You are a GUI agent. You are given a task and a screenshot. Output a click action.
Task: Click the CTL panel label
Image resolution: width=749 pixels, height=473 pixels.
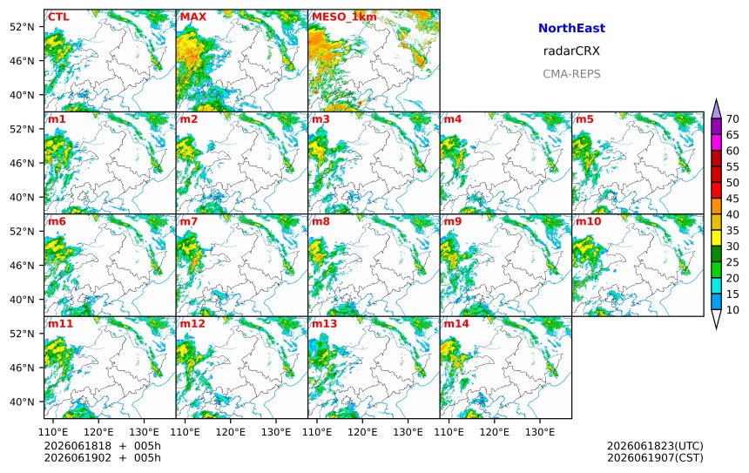[x=58, y=17]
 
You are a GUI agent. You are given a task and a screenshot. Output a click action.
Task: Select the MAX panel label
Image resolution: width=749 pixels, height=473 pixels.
[x=193, y=17]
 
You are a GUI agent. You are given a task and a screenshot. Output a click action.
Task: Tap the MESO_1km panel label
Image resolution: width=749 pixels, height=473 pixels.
[x=344, y=17]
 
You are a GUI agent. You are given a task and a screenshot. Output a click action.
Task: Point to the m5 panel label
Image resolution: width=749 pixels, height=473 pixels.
[x=584, y=119]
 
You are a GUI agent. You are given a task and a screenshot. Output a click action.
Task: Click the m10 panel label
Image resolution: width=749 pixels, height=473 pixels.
[x=588, y=221]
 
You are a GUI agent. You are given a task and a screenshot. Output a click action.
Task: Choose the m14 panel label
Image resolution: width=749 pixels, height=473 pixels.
[x=456, y=323]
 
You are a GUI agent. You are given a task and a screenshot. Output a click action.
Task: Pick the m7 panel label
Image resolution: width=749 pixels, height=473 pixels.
[x=189, y=221]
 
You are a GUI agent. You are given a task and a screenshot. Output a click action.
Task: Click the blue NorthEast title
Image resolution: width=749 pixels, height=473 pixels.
[x=571, y=28]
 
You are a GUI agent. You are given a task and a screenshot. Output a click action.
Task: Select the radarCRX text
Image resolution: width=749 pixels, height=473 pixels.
[x=571, y=51]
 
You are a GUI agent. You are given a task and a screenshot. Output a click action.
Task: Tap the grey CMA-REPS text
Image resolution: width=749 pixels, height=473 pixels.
[x=571, y=74]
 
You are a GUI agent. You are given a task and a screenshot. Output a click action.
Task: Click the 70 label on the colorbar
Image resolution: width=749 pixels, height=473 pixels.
[x=732, y=119]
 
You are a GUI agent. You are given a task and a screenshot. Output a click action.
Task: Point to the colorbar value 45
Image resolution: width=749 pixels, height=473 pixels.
[x=732, y=199]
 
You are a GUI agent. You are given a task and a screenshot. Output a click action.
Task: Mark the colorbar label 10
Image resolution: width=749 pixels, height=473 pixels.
[x=732, y=310]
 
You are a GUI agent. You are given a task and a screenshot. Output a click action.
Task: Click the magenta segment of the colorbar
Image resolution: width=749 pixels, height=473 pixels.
[x=716, y=142]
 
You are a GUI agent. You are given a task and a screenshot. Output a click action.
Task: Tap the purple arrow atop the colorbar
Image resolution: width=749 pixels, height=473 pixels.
[x=716, y=109]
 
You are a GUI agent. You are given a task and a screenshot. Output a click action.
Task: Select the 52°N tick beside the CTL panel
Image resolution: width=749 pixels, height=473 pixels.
[x=22, y=26]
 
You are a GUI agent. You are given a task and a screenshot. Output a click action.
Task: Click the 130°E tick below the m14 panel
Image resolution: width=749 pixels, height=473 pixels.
[x=540, y=432]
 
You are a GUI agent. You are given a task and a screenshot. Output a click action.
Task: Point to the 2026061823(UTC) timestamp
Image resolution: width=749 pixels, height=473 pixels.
[x=655, y=446]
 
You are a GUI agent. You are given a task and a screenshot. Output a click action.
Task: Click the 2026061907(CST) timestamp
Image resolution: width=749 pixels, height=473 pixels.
[x=655, y=457]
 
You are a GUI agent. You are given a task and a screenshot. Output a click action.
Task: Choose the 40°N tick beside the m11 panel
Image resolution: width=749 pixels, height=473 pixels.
[x=22, y=402]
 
